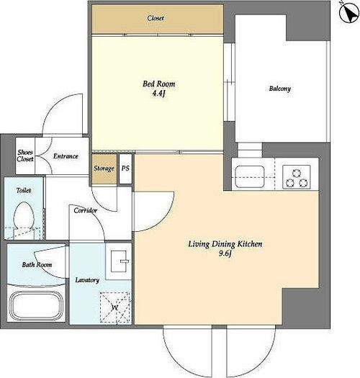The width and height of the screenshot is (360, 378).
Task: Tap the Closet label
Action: point(156,18)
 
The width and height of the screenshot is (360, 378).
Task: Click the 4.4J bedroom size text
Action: point(158,94)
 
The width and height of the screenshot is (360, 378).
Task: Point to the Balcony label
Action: point(279,89)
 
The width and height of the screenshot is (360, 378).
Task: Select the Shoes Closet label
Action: point(25,156)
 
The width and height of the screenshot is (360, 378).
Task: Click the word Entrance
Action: point(66,156)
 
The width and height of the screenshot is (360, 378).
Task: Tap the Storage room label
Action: point(104,168)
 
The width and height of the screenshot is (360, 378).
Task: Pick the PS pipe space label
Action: point(125,168)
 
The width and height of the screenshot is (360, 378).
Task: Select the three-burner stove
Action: point(297,176)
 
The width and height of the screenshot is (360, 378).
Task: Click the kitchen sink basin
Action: point(250,176)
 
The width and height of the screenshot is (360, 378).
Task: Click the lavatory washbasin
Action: point(119,261)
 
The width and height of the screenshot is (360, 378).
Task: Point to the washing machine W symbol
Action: point(115,307)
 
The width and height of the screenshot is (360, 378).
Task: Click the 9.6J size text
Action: point(225,253)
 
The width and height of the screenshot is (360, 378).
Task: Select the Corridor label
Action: point(86,210)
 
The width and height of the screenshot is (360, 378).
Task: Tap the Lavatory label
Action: point(87,280)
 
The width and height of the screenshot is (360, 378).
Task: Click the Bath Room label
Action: point(37,265)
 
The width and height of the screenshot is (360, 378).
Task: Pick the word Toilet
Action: point(24,191)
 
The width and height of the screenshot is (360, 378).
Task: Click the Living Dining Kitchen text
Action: point(225,244)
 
